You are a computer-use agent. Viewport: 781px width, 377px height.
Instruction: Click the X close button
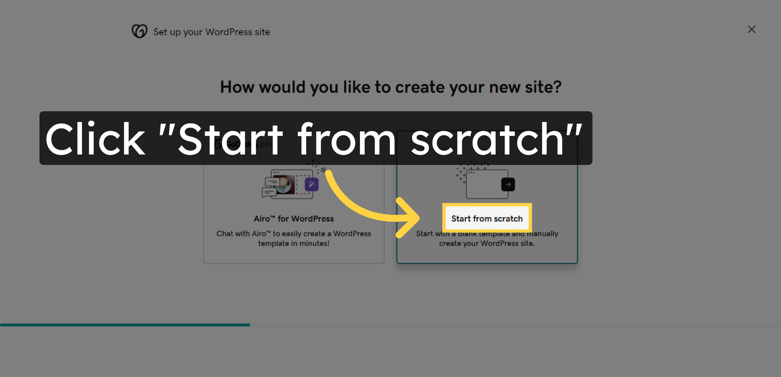pos(751,30)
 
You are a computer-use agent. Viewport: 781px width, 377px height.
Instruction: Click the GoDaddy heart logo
pos(140,31)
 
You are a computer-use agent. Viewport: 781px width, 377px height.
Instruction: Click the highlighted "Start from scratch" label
pos(487,219)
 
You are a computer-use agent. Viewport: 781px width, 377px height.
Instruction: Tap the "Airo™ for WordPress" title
pos(294,219)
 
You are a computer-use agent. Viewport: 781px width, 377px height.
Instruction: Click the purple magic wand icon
pos(311,184)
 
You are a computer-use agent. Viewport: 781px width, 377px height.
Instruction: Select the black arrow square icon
pos(508,184)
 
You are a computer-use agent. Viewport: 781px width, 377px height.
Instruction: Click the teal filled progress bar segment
pos(125,325)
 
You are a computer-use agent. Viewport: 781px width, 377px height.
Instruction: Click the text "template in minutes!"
pos(294,243)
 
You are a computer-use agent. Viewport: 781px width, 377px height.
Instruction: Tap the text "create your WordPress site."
pos(487,243)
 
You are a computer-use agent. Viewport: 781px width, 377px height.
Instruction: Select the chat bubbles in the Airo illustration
pos(270,188)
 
